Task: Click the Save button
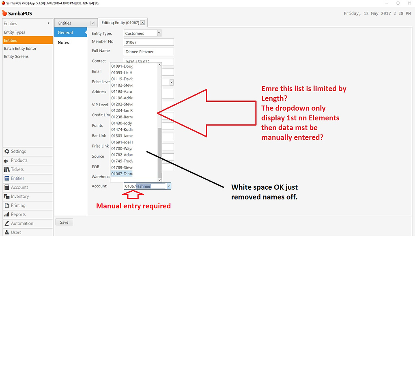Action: tap(64, 222)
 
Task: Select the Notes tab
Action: tap(64, 43)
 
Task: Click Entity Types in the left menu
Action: tap(15, 32)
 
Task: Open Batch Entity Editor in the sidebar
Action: tap(20, 49)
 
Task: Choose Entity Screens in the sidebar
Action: tap(16, 57)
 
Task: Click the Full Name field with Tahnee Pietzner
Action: tap(148, 51)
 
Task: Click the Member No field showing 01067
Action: tap(148, 42)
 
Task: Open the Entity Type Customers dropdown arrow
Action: tap(159, 33)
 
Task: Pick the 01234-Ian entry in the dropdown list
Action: tap(122, 111)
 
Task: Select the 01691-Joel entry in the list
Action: tap(122, 142)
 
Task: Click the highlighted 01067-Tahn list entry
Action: tap(122, 174)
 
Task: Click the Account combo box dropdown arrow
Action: tap(169, 186)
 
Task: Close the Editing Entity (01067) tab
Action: tap(142, 23)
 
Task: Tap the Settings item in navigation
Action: tap(18, 152)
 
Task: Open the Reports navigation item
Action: tap(18, 214)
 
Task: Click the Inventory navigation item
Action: tap(20, 197)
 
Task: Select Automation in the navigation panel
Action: tap(22, 223)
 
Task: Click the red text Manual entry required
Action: tap(133, 206)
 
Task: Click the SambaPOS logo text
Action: tap(19, 13)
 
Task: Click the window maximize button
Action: tap(397, 3)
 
